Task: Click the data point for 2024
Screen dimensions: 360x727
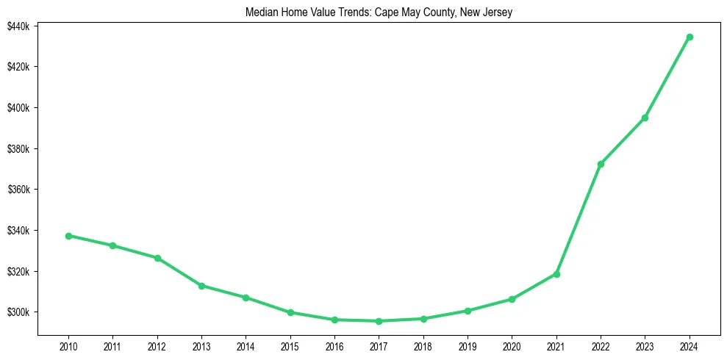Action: pos(690,37)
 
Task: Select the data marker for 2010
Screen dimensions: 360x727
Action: pos(68,236)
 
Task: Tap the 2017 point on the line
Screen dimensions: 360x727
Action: pos(379,321)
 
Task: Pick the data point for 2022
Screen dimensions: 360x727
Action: pos(601,164)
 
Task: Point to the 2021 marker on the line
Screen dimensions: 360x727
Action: pos(556,274)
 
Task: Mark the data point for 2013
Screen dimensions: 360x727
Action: pos(201,286)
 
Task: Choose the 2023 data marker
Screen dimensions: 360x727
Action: pos(645,118)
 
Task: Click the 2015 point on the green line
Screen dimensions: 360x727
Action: pos(290,312)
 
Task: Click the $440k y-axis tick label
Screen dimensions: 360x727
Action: pos(18,26)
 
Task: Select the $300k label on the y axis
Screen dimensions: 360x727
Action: pos(18,312)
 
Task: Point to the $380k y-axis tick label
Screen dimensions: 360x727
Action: pos(18,149)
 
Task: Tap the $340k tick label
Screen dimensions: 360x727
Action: pos(18,231)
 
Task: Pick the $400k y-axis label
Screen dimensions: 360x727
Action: pos(18,108)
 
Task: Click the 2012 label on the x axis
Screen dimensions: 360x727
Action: pos(157,346)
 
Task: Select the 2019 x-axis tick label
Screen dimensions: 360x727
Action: pos(468,346)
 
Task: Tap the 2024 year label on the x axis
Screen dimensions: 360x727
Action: pos(690,346)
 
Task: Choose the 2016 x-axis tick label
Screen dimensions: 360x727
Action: pos(334,346)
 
